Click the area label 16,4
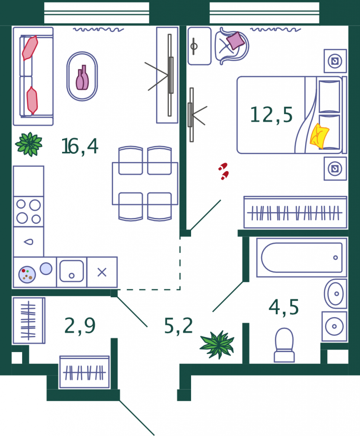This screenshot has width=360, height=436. pyautogui.click(x=80, y=146)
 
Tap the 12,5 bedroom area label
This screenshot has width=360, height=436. pyautogui.click(x=271, y=115)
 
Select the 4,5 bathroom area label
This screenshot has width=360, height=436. pyautogui.click(x=283, y=307)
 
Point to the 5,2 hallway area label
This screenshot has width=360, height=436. pyautogui.click(x=178, y=326)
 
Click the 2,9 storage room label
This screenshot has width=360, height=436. pyautogui.click(x=80, y=326)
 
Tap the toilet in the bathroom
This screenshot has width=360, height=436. pyautogui.click(x=284, y=345)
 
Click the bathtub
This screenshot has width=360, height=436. pyautogui.click(x=302, y=258)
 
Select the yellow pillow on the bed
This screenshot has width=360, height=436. pyautogui.click(x=320, y=136)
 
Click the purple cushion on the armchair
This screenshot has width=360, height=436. pyautogui.click(x=235, y=40)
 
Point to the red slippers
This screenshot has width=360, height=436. pyautogui.click(x=223, y=171)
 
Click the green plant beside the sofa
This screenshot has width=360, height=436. pyautogui.click(x=29, y=144)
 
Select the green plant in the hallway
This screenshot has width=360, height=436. pyautogui.click(x=217, y=344)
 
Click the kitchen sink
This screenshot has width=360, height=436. pyautogui.click(x=72, y=271)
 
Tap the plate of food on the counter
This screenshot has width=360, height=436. pyautogui.click(x=27, y=275)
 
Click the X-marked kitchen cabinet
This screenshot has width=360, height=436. pyautogui.click(x=102, y=272)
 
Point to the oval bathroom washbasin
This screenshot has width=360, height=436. pyautogui.click(x=336, y=294)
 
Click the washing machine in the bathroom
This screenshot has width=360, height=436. pyautogui.click(x=334, y=327)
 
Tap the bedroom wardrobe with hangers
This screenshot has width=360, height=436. pyautogui.click(x=295, y=213)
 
